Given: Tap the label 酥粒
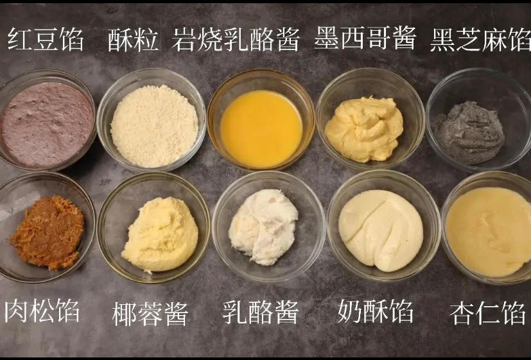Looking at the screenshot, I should click(x=134, y=40).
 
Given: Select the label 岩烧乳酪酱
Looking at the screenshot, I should click(x=236, y=40).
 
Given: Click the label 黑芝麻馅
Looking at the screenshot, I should click(x=481, y=39).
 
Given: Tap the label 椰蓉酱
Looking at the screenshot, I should click(x=150, y=314).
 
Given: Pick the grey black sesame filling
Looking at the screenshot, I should click(x=468, y=132).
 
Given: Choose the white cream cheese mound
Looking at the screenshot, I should click(x=263, y=226).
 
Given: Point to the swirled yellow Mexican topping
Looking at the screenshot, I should click(x=364, y=128).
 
